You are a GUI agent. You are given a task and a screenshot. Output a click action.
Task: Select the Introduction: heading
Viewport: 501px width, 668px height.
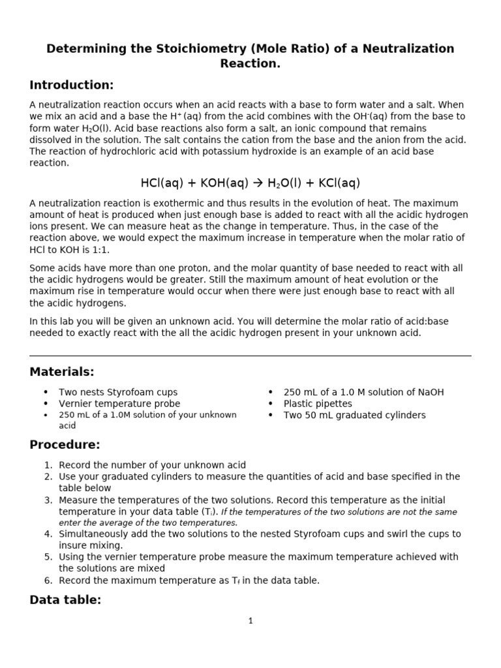click(x=72, y=85)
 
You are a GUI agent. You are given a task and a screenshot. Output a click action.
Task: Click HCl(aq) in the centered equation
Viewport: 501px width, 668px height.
click(x=162, y=183)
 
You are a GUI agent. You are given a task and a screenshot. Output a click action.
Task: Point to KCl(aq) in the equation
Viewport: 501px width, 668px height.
click(x=337, y=183)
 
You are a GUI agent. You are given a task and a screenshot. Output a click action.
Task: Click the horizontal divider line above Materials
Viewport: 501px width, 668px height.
click(x=250, y=356)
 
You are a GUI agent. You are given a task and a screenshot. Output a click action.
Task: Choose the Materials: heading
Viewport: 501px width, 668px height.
click(x=62, y=372)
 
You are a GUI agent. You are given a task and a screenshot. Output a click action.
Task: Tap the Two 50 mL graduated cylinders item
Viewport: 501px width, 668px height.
click(x=354, y=416)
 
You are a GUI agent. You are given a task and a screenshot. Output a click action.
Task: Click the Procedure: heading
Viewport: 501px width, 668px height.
click(x=65, y=445)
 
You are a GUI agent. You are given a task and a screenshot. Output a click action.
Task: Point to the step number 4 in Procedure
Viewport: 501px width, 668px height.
click(x=48, y=534)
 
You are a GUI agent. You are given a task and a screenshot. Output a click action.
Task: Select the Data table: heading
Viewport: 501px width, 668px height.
click(x=65, y=600)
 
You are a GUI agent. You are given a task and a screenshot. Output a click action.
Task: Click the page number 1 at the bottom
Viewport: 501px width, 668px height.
click(x=250, y=621)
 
